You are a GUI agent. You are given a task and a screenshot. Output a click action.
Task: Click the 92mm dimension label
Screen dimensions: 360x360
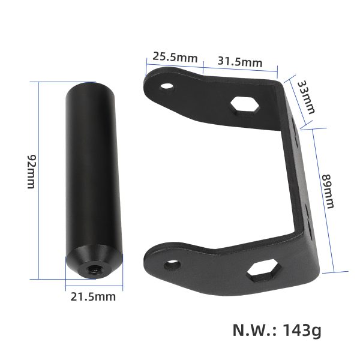[31, 171]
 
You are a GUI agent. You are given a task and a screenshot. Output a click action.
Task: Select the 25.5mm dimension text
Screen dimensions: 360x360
[175, 58]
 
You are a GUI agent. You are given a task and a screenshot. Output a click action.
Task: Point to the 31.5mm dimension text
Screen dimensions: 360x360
[240, 62]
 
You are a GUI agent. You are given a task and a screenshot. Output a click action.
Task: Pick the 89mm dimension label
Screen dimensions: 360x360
[328, 191]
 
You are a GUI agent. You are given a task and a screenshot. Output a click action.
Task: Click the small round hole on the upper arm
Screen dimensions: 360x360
[167, 86]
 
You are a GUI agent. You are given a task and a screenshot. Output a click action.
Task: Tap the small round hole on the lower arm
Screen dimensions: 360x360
[172, 263]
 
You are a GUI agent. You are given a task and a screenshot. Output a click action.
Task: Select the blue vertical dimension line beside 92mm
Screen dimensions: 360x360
[38, 180]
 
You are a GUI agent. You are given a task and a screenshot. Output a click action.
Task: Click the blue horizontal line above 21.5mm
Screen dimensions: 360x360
[94, 283]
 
